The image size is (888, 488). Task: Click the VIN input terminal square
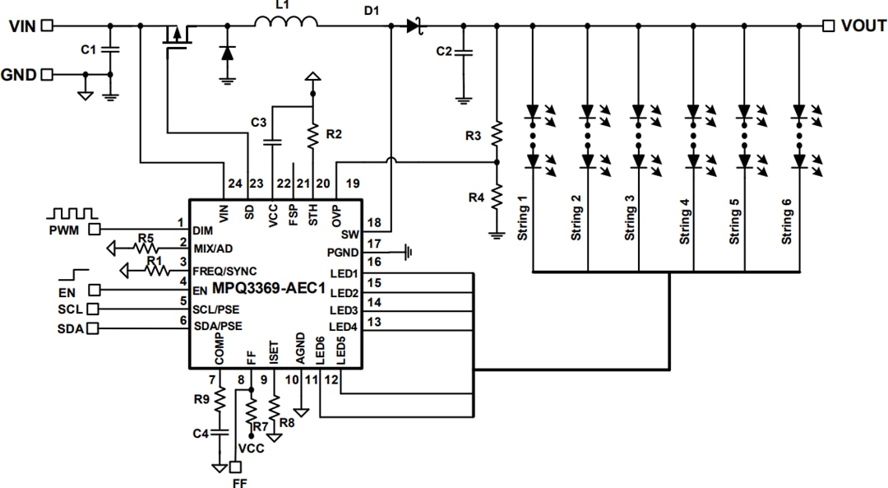click(x=47, y=26)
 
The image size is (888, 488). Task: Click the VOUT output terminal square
click(x=828, y=26)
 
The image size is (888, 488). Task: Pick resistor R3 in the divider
click(x=497, y=134)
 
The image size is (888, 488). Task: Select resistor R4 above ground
click(x=497, y=198)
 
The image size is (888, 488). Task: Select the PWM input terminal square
click(x=95, y=230)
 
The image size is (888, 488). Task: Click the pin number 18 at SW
click(x=374, y=223)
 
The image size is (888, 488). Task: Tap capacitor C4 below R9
click(x=220, y=432)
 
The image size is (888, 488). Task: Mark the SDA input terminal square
click(x=93, y=329)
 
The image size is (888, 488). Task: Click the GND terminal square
click(x=47, y=74)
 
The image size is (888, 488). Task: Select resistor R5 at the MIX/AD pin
click(x=146, y=247)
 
